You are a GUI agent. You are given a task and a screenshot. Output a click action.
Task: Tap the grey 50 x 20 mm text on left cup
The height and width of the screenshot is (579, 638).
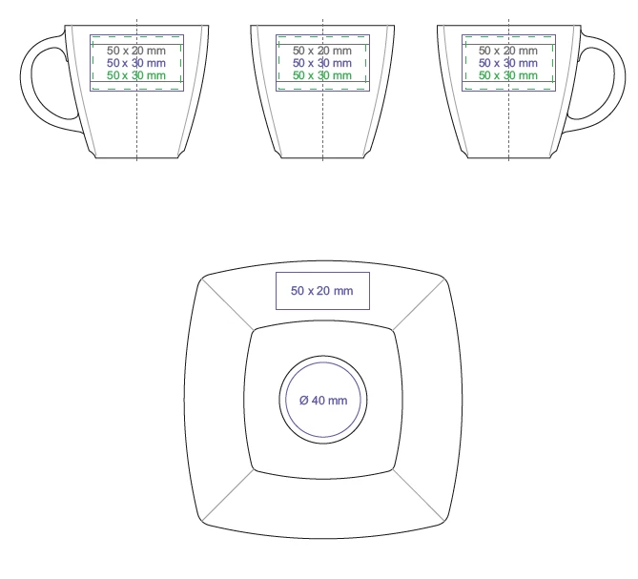[x=136, y=51]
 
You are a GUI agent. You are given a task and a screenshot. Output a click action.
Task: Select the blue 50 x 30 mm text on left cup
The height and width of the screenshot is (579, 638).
[x=136, y=63]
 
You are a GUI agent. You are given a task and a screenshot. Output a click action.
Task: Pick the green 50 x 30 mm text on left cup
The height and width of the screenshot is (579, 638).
[x=136, y=75]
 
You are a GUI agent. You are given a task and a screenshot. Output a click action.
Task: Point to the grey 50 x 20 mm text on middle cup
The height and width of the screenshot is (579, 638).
[x=322, y=51]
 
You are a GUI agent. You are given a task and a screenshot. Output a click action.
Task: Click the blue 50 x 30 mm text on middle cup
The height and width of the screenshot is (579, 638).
[x=322, y=63]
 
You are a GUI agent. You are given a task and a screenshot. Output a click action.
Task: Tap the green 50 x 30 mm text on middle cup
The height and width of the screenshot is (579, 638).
[x=322, y=75]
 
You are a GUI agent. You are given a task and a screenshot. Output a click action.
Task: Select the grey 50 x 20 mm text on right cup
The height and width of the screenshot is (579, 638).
[x=508, y=51]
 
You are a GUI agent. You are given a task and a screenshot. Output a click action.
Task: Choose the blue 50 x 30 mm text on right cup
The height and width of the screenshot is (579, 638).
[x=508, y=63]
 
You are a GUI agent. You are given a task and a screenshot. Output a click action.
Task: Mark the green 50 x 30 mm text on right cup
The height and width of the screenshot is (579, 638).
[x=508, y=75]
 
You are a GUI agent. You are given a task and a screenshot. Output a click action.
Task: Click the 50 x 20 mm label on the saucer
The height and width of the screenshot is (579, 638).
[x=321, y=291]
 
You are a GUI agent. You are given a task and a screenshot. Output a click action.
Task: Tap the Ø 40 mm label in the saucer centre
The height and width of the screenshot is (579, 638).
[x=323, y=401]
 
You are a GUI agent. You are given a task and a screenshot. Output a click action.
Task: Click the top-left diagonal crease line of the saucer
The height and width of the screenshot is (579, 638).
[x=228, y=303]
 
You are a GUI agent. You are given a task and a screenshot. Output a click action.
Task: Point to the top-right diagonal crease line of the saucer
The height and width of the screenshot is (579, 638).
[x=419, y=304]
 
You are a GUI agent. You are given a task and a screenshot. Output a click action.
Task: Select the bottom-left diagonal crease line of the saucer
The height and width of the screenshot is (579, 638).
[x=228, y=495]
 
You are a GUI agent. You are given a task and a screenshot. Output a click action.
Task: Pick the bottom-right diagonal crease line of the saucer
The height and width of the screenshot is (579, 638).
[x=419, y=495]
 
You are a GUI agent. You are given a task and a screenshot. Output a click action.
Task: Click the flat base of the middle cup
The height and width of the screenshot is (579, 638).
[x=322, y=158]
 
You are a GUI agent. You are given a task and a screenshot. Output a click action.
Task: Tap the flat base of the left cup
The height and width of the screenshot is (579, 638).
[x=136, y=158]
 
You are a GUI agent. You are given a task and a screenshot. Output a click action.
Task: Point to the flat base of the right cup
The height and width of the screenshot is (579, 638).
[x=508, y=158]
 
